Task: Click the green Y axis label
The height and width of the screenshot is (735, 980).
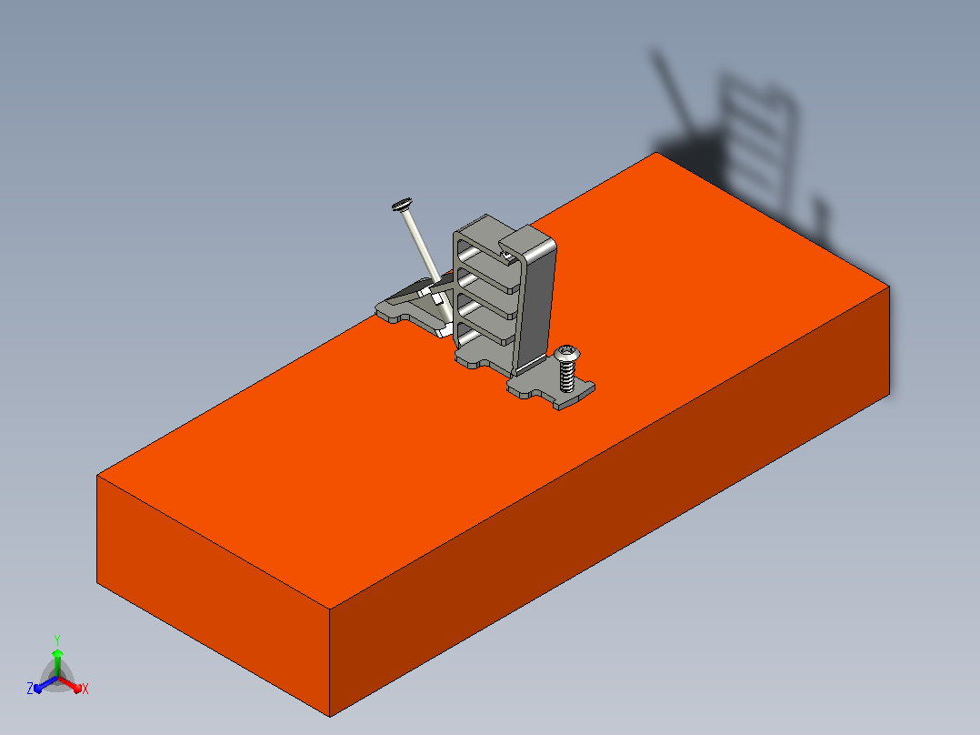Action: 57,640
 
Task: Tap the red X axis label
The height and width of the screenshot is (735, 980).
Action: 85,689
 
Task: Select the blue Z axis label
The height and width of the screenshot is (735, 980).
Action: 29,689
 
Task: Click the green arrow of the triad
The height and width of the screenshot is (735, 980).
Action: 57,662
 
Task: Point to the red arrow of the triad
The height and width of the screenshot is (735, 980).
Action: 70,683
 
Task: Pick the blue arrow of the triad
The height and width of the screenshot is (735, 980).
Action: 45,684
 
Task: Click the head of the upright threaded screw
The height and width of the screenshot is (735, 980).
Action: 567,354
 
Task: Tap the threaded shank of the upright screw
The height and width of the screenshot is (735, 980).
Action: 567,376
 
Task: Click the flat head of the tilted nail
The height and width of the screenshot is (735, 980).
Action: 402,204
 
